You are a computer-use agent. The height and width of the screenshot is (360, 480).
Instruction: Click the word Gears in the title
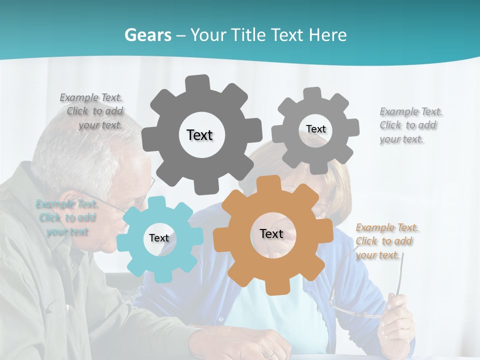coord(147,35)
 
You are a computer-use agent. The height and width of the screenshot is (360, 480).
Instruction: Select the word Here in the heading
coord(327,35)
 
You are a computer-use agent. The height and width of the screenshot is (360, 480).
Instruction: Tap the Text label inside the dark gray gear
coord(199,135)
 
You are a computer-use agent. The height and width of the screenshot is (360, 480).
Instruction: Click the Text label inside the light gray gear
coord(315,129)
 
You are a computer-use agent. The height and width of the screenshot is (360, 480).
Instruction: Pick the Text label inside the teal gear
coord(159,238)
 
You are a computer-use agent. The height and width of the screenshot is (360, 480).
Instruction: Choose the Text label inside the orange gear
coord(271,233)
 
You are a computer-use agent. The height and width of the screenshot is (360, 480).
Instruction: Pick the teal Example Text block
coord(66,217)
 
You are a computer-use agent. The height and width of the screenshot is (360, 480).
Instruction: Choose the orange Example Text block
coord(386,241)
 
